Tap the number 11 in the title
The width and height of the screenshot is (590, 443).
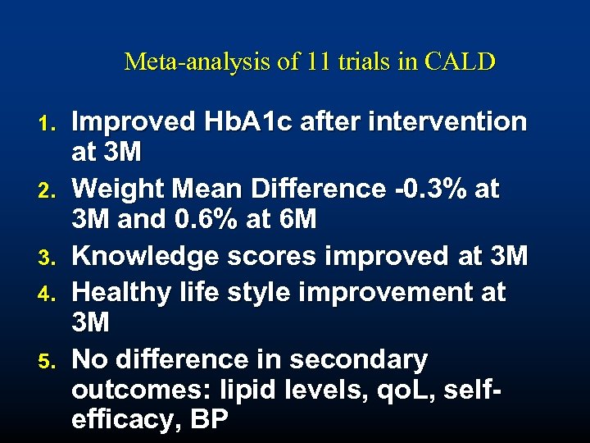point(316,62)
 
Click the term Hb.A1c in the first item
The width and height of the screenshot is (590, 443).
point(247,122)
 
